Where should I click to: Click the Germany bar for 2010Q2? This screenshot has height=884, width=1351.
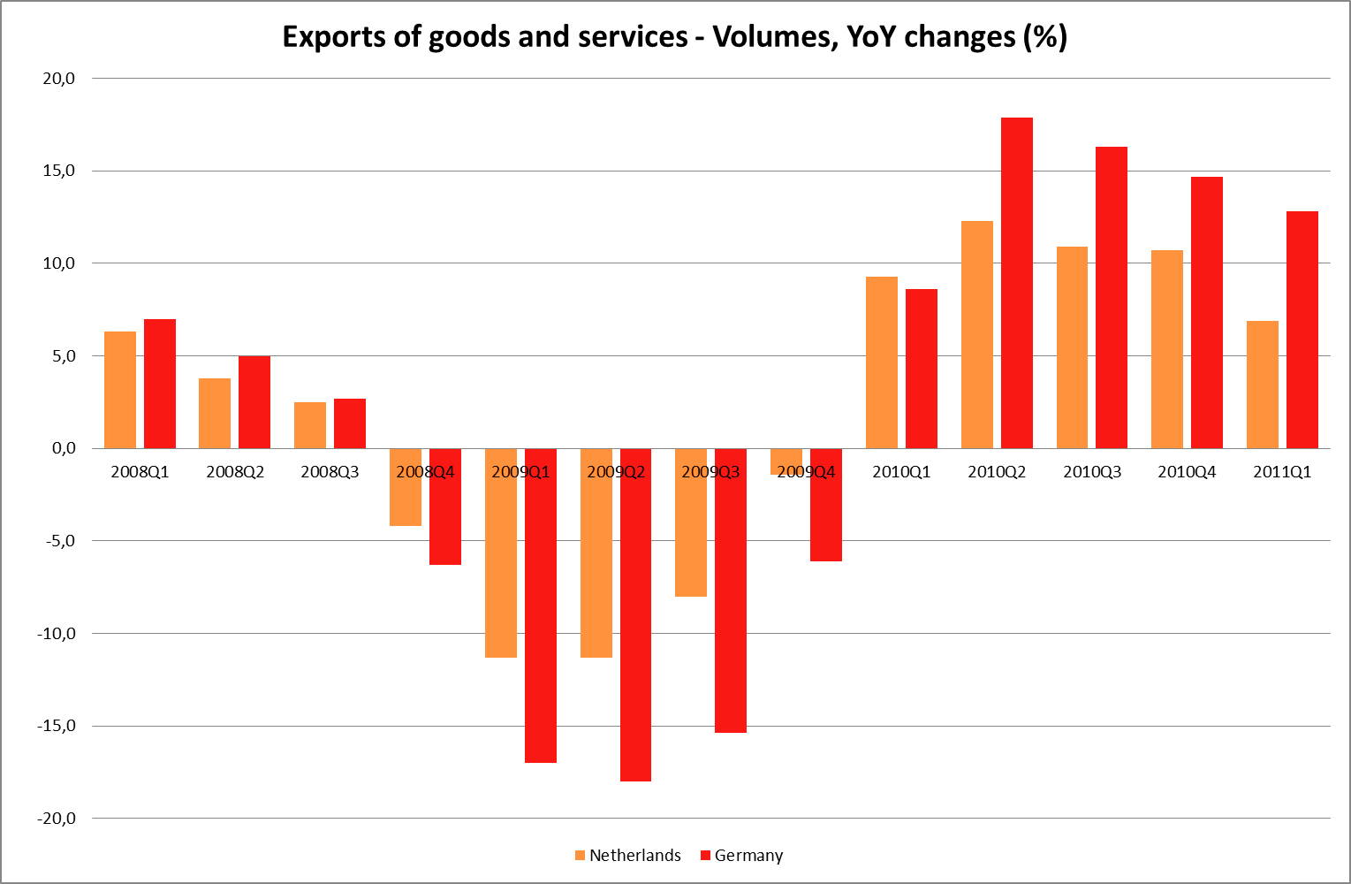point(1016,283)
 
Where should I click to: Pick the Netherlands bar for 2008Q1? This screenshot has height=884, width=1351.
point(120,390)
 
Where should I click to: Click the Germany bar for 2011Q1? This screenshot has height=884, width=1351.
point(1302,330)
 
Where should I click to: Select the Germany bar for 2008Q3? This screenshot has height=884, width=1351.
point(350,423)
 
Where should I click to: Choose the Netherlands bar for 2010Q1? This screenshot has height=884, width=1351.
point(882,362)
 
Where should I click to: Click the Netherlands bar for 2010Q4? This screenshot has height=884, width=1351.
point(1167,349)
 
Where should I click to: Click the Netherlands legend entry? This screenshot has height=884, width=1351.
point(627,856)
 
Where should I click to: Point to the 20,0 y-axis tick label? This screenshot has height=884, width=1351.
point(59,79)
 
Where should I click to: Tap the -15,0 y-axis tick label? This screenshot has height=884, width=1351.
point(57,726)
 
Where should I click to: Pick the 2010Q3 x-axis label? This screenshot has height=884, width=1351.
point(1092,472)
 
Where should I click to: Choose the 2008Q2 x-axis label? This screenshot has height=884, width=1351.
point(235,472)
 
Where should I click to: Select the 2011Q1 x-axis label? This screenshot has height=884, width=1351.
point(1282,472)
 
